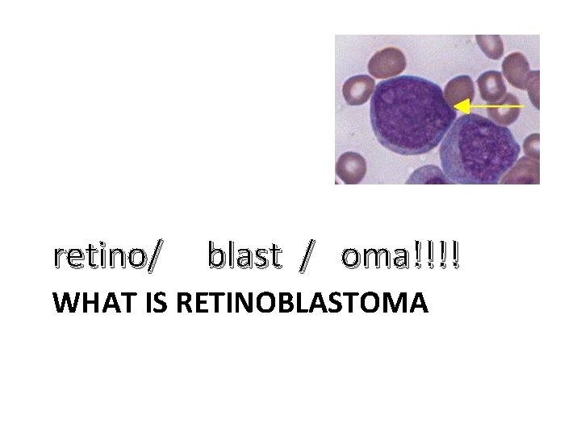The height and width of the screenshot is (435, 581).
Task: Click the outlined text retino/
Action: click(x=107, y=256)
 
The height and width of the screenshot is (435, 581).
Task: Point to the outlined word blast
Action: click(x=245, y=256)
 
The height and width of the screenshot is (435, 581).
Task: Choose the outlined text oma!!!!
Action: click(x=401, y=256)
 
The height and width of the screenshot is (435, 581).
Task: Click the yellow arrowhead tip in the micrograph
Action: click(x=457, y=106)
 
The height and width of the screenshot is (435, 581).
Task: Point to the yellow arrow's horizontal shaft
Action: click(x=496, y=106)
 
